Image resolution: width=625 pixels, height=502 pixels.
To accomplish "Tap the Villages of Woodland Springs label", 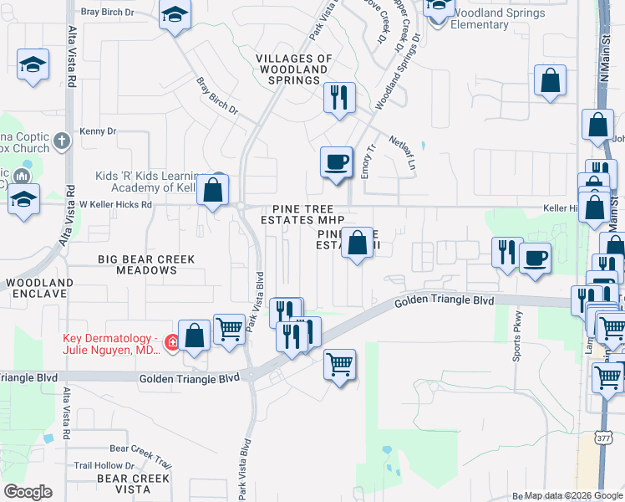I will (x=293, y=69).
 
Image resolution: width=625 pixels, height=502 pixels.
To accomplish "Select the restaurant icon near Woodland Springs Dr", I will (x=338, y=98).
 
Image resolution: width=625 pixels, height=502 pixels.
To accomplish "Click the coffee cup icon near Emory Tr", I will (x=336, y=161).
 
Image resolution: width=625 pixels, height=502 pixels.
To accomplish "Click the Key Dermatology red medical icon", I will (x=172, y=343).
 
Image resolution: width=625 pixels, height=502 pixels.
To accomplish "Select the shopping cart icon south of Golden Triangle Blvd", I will (x=339, y=365).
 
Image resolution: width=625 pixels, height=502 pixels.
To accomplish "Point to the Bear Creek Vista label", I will (x=134, y=484).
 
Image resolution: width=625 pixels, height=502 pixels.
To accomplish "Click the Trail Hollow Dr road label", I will (x=104, y=465).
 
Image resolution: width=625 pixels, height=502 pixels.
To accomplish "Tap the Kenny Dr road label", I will (x=98, y=131).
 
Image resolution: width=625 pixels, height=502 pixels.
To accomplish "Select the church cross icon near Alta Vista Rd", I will (x=62, y=141).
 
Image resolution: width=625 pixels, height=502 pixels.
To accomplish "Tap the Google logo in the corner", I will (x=28, y=492).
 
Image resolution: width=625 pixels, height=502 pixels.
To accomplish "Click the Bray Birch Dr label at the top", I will (x=106, y=13).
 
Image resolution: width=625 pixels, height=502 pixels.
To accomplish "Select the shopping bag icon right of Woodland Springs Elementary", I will (x=551, y=81).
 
